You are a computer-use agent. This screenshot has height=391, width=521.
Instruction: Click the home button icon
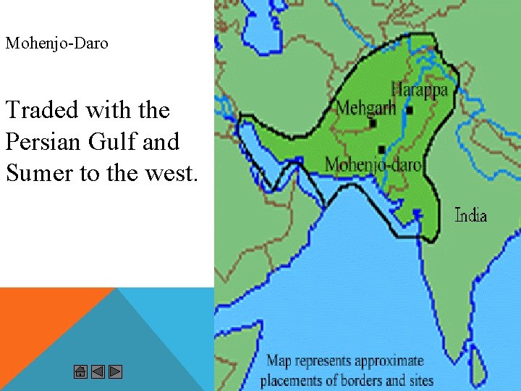pyautogui.click(x=80, y=372)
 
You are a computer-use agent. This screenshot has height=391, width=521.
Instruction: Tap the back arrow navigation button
pyautogui.click(x=98, y=372)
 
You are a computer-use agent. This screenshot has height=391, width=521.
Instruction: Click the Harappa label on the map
pyautogui.click(x=419, y=90)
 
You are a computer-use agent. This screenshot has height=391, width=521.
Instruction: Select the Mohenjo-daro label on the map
pyautogui.click(x=373, y=164)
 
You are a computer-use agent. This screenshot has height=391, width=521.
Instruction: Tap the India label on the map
pyautogui.click(x=470, y=215)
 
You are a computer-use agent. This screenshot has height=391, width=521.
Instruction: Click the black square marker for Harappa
pyautogui.click(x=410, y=111)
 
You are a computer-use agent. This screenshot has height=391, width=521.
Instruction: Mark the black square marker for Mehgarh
pyautogui.click(x=373, y=124)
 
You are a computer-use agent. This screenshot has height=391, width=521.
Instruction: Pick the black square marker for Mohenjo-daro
pyautogui.click(x=381, y=149)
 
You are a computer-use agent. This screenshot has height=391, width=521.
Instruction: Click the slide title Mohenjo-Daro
pyautogui.click(x=57, y=43)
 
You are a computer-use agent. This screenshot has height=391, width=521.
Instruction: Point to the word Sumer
pyautogui.click(x=37, y=174)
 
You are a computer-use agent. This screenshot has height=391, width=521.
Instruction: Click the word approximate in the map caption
pyautogui.click(x=387, y=361)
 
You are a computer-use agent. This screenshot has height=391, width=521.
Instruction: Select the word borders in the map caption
pyautogui.click(x=352, y=380)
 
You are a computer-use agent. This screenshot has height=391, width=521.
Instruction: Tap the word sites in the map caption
pyautogui.click(x=420, y=380)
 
